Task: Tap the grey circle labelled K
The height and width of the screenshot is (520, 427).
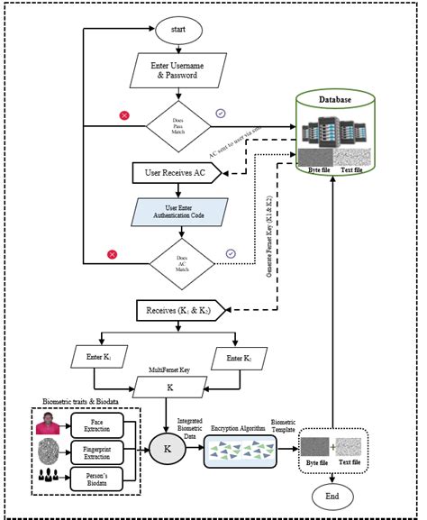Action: point(166,446)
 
